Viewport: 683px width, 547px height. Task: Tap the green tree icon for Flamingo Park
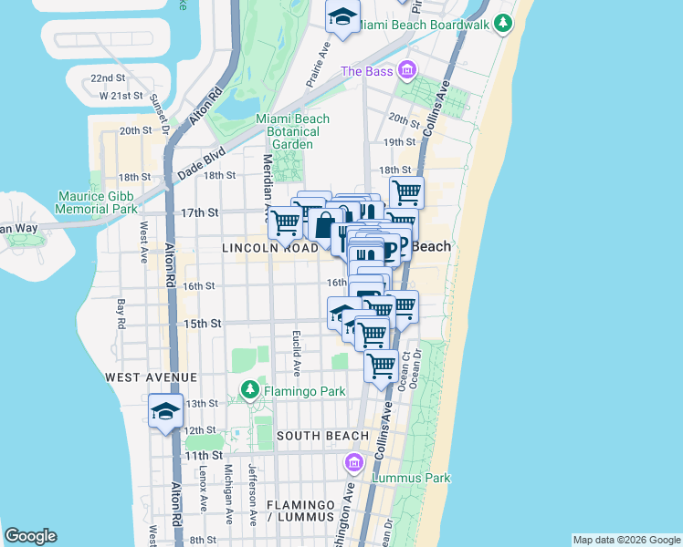(249, 391)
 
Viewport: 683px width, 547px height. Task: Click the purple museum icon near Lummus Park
(354, 464)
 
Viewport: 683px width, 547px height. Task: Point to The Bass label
(366, 71)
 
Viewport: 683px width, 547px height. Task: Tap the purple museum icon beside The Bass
(407, 69)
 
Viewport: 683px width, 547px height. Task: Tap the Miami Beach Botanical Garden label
(292, 131)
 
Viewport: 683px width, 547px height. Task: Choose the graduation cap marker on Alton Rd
(164, 410)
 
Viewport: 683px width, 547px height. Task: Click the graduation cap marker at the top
(342, 17)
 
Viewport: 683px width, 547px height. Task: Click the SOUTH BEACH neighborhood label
(322, 436)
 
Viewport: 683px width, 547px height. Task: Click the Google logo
(30, 536)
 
